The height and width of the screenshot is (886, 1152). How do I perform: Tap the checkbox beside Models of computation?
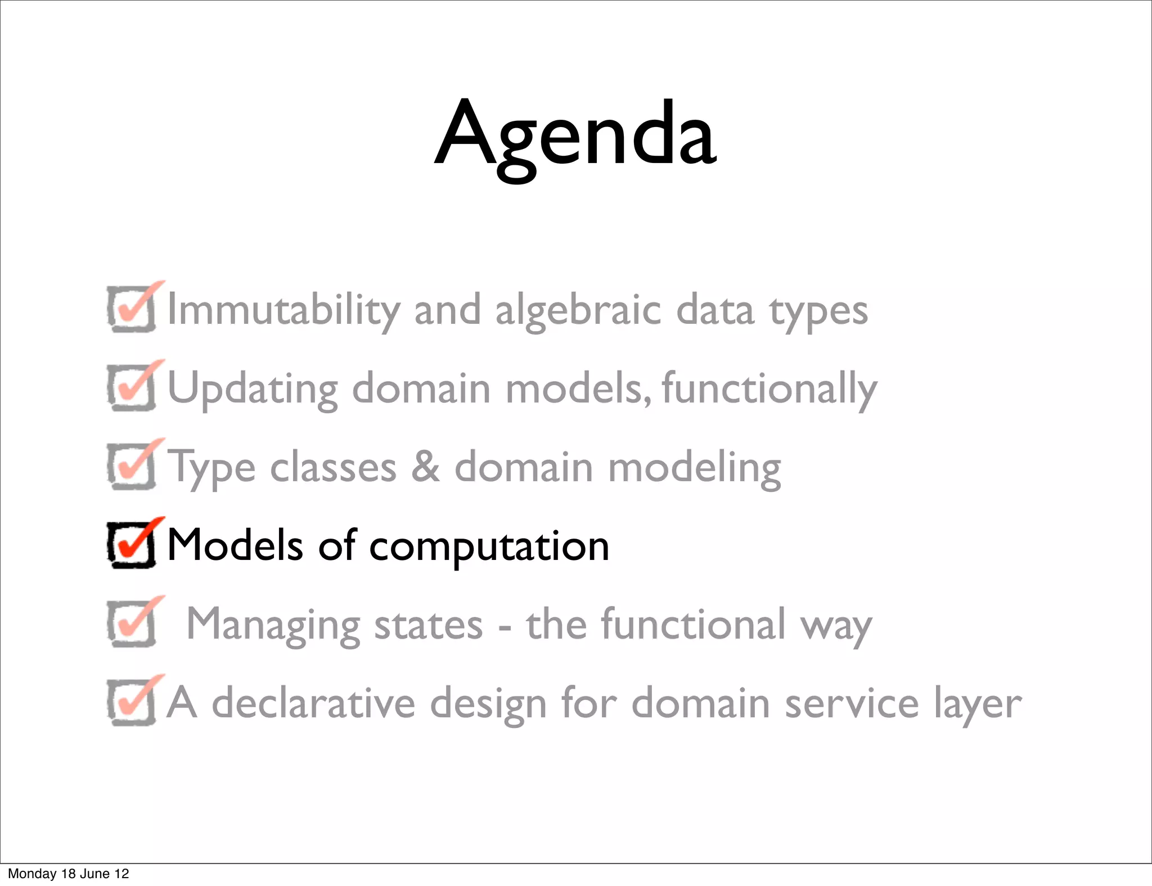[131, 545]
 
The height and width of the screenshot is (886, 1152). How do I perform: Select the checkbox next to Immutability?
[131, 309]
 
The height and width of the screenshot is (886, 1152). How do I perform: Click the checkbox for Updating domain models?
[131, 387]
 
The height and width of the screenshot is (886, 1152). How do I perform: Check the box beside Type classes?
[131, 466]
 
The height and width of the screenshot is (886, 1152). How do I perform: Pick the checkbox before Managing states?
[131, 623]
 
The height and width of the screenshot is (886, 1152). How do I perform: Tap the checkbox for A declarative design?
[131, 702]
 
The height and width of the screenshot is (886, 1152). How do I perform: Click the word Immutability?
[284, 310]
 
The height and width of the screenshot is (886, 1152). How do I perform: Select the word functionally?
[769, 390]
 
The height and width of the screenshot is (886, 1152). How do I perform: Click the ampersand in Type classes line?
[425, 467]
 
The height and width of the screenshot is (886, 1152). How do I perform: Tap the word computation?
[489, 547]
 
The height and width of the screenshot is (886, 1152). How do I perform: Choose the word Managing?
[273, 625]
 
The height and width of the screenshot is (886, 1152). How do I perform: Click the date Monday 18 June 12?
[68, 874]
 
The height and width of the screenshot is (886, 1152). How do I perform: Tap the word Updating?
[253, 390]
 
